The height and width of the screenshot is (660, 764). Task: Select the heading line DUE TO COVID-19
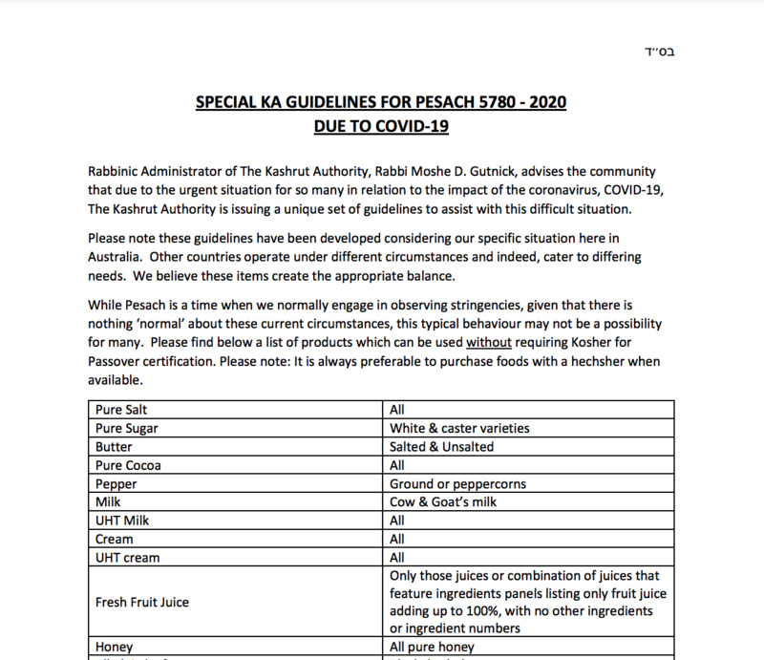pyautogui.click(x=381, y=125)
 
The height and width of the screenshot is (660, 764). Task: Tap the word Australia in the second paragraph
pyautogui.click(x=117, y=258)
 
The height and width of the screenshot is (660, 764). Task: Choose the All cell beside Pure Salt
pyautogui.click(x=397, y=410)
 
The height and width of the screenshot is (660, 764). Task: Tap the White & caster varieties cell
pyautogui.click(x=459, y=428)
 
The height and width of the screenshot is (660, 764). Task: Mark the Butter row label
pyautogui.click(x=114, y=447)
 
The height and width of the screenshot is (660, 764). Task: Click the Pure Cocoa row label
pyautogui.click(x=128, y=465)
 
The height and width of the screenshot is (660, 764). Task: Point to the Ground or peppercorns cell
pyautogui.click(x=457, y=484)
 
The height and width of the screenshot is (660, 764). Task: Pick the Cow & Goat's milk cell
pyautogui.click(x=443, y=502)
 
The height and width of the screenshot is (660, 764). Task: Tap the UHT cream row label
pyautogui.click(x=127, y=558)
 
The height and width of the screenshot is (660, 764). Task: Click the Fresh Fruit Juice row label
pyautogui.click(x=142, y=602)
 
